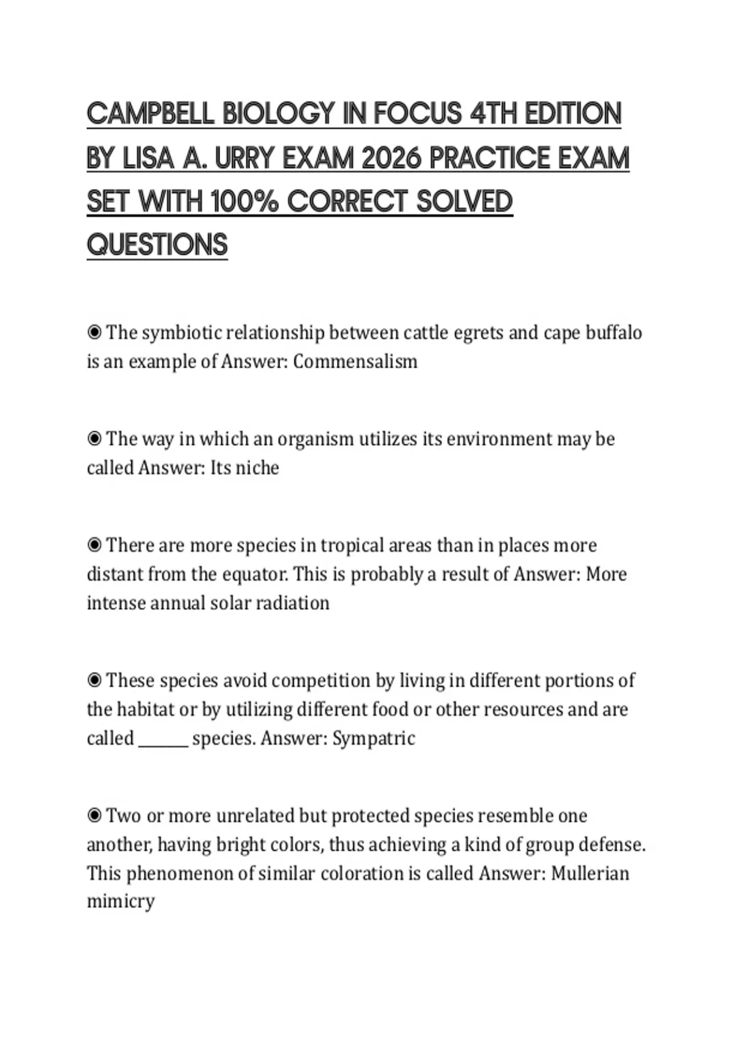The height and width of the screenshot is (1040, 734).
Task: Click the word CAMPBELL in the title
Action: (x=150, y=114)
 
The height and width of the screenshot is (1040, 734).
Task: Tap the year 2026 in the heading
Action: (x=391, y=158)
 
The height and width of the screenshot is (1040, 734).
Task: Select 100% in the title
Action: (x=245, y=202)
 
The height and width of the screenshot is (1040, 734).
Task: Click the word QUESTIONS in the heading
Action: (x=157, y=245)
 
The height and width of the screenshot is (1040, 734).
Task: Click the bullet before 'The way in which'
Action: (x=94, y=439)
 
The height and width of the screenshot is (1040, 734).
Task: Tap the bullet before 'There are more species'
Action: (x=94, y=545)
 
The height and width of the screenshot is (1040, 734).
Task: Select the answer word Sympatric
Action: (x=374, y=738)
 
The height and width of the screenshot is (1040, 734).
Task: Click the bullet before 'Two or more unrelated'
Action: (x=94, y=815)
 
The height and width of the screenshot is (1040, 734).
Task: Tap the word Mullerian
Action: (x=590, y=873)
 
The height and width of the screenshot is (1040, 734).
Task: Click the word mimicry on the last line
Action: (x=120, y=902)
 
